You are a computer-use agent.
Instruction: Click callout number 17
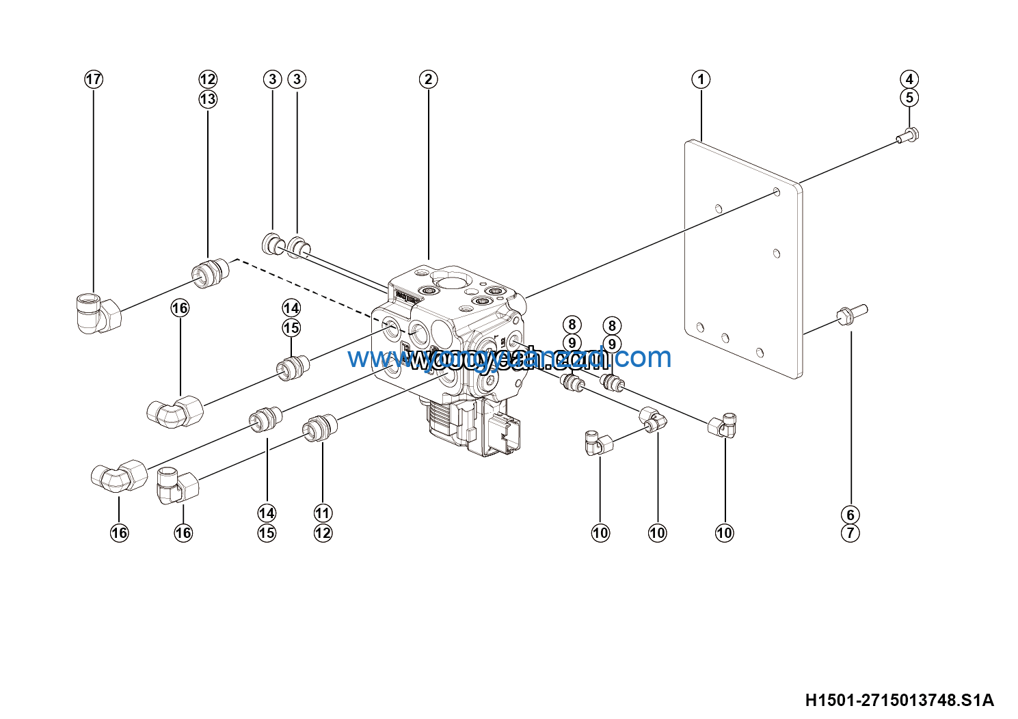coord(94,79)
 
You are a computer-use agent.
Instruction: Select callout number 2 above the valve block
coord(428,79)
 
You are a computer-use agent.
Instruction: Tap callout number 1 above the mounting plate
coord(701,79)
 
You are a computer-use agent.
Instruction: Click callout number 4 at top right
coord(909,79)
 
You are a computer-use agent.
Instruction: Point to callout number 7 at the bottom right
coord(850,533)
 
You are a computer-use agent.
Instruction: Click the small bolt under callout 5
coord(909,135)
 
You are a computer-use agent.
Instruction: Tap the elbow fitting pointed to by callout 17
coord(98,312)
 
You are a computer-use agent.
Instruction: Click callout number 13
coord(208,99)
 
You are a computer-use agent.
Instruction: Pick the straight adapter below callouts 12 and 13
coord(209,271)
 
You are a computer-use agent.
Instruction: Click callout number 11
coord(323,513)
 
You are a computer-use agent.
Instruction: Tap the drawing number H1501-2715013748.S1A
coord(899,700)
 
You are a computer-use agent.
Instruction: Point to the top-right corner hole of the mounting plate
coord(777,191)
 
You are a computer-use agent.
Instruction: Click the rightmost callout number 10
coord(724,533)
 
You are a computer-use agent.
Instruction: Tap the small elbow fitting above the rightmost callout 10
coord(722,426)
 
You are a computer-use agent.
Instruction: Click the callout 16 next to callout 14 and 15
coord(180,308)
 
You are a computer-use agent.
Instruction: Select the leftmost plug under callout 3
coord(273,243)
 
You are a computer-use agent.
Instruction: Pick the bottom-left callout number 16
coord(120,533)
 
